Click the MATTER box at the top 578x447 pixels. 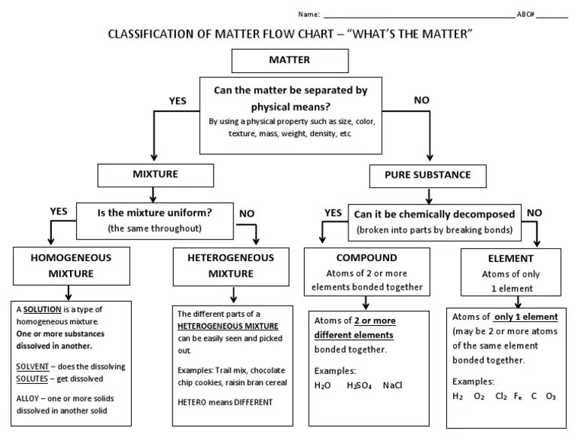278,59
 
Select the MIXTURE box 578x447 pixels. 156,175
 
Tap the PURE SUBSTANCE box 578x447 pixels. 427,175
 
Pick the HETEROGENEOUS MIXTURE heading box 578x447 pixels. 231,265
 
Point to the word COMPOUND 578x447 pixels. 366,257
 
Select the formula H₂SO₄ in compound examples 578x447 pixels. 358,385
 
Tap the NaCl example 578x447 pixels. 393,385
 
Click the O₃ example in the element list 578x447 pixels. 551,396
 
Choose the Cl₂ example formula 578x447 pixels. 501,396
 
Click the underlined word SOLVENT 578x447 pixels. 32,366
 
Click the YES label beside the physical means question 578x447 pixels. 178,100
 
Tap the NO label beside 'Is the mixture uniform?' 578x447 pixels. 246,214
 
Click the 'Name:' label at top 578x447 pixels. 309,14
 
